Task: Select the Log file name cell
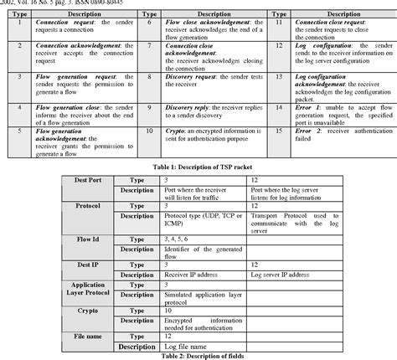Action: pos(193,346)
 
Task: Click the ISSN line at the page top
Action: pos(67,3)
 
